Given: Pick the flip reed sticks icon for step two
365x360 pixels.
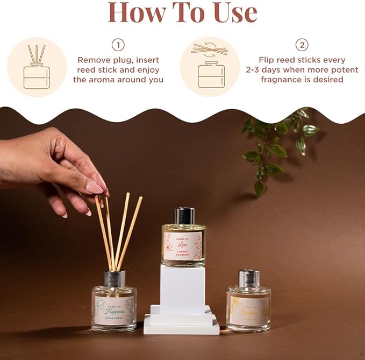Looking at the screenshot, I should pyautogui.click(x=210, y=67).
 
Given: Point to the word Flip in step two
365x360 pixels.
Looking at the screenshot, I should pyautogui.click(x=269, y=60).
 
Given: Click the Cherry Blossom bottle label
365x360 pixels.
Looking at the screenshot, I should pyautogui.click(x=183, y=245).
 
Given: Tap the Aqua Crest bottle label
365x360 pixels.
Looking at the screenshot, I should pyautogui.click(x=113, y=309).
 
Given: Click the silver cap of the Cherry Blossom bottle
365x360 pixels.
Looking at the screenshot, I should pyautogui.click(x=184, y=216).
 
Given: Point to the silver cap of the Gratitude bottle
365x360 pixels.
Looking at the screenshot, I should pyautogui.click(x=249, y=278).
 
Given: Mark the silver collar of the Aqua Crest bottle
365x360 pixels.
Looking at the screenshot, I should pyautogui.click(x=114, y=279).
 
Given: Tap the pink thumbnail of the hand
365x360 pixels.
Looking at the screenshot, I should pyautogui.click(x=95, y=187).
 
